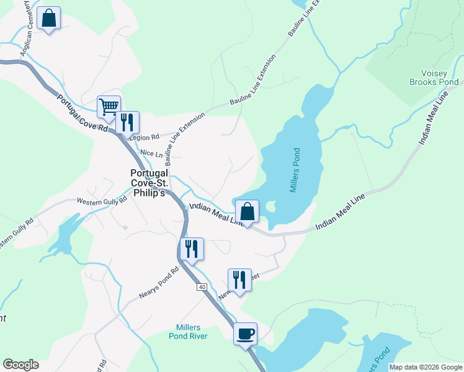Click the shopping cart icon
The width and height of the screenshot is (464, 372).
(x=109, y=107)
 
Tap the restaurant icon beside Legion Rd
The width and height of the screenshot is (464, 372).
(x=128, y=122)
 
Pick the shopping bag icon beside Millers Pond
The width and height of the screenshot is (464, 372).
(x=247, y=211)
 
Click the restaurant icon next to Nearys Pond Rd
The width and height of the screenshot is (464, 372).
(x=191, y=249)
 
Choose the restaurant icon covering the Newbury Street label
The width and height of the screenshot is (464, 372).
(x=239, y=280)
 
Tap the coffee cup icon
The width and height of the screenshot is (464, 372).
(x=246, y=334)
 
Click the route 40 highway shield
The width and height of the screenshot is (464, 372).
(x=202, y=287)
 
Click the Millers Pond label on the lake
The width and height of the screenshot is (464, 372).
(x=295, y=170)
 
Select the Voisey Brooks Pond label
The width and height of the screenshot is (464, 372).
(x=434, y=77)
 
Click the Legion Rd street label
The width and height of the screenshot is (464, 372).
(x=146, y=136)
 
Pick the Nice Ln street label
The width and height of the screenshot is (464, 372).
(x=151, y=153)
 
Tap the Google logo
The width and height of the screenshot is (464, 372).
(x=20, y=365)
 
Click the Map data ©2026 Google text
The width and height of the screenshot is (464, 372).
(x=426, y=367)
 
